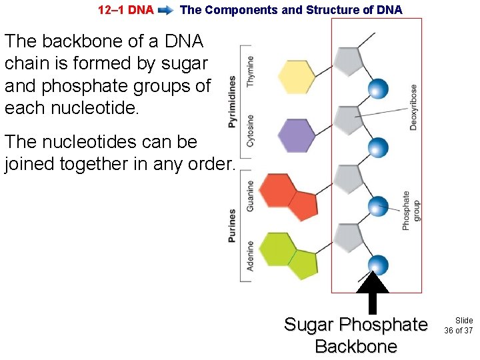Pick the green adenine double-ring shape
tap(287, 253)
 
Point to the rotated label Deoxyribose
tap(414, 107)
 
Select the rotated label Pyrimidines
tap(232, 101)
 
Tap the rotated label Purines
tap(232, 225)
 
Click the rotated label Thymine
tap(251, 72)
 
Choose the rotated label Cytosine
tap(251, 131)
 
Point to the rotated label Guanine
tap(251, 195)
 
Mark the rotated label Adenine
tap(251, 255)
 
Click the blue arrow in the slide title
tap(167, 10)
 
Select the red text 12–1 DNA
tap(125, 10)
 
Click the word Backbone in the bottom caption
tap(355, 347)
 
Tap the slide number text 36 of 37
tap(458, 331)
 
